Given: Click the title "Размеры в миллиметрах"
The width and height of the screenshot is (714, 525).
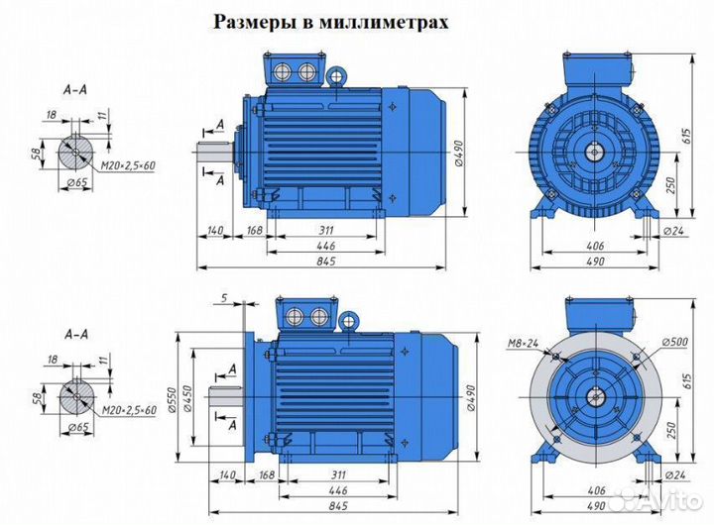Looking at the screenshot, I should tap(330, 23).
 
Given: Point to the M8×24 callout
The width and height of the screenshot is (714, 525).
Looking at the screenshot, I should tap(522, 345).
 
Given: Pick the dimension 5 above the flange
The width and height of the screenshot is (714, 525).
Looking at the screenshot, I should tap(225, 298).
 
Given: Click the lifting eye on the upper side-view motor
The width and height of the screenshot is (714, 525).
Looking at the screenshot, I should tap(337, 75).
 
